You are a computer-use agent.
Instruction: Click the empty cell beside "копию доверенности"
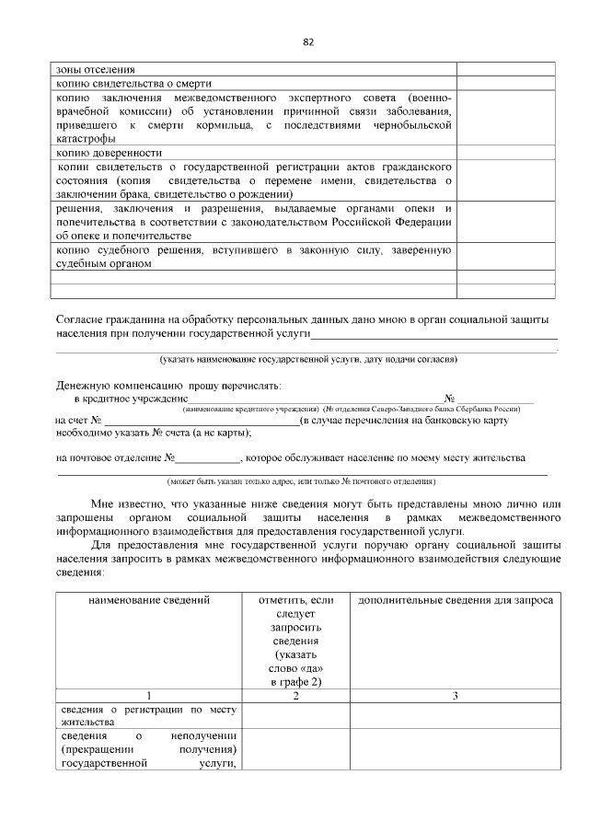(506, 153)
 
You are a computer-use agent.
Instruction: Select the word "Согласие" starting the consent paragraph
(82, 318)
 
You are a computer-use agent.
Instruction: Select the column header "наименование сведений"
(149, 600)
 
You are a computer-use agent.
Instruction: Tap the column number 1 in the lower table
(149, 695)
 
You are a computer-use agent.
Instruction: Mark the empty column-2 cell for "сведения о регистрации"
(296, 715)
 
